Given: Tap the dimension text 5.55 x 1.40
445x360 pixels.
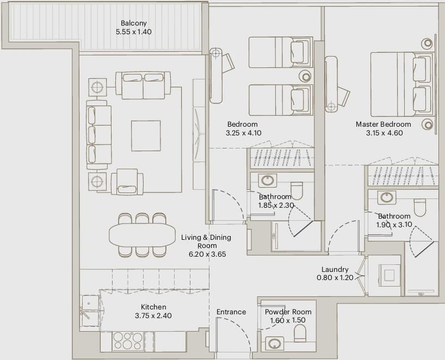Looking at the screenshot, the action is tap(134, 32).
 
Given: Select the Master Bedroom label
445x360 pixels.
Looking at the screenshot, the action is tap(384, 124).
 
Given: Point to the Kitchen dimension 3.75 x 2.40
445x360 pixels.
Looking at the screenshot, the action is tap(153, 315).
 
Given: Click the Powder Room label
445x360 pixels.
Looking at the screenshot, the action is tap(288, 312).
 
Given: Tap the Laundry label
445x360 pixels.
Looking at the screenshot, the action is tap(335, 270).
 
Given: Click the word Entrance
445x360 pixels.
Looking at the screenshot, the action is tap(231, 312).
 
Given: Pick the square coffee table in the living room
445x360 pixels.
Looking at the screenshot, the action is tap(146, 136).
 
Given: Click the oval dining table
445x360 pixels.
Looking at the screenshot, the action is tap(142, 235).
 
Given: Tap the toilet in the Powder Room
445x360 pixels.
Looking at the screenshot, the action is tap(300, 333).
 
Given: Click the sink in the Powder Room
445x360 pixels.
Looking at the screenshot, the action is tap(274, 344).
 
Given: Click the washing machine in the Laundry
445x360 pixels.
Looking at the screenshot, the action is tap(389, 275).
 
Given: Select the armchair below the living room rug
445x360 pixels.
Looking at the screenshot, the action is tap(127, 182).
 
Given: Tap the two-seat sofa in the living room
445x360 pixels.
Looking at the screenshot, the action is tap(143, 85).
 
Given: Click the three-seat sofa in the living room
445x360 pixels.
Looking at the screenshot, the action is tap(98, 135).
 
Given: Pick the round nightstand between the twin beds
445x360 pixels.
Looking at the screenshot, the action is tap(306, 76).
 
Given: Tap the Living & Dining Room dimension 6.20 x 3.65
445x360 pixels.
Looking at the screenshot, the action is tap(207, 254).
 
